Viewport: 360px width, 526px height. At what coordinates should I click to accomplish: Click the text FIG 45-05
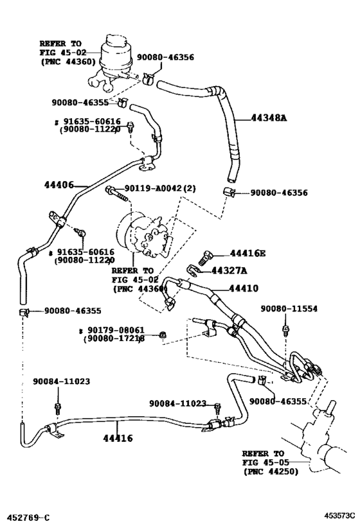point(267,462)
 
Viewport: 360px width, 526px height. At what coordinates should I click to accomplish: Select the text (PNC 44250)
point(271,472)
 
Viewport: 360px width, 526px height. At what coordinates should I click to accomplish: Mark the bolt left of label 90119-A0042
point(111,189)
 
